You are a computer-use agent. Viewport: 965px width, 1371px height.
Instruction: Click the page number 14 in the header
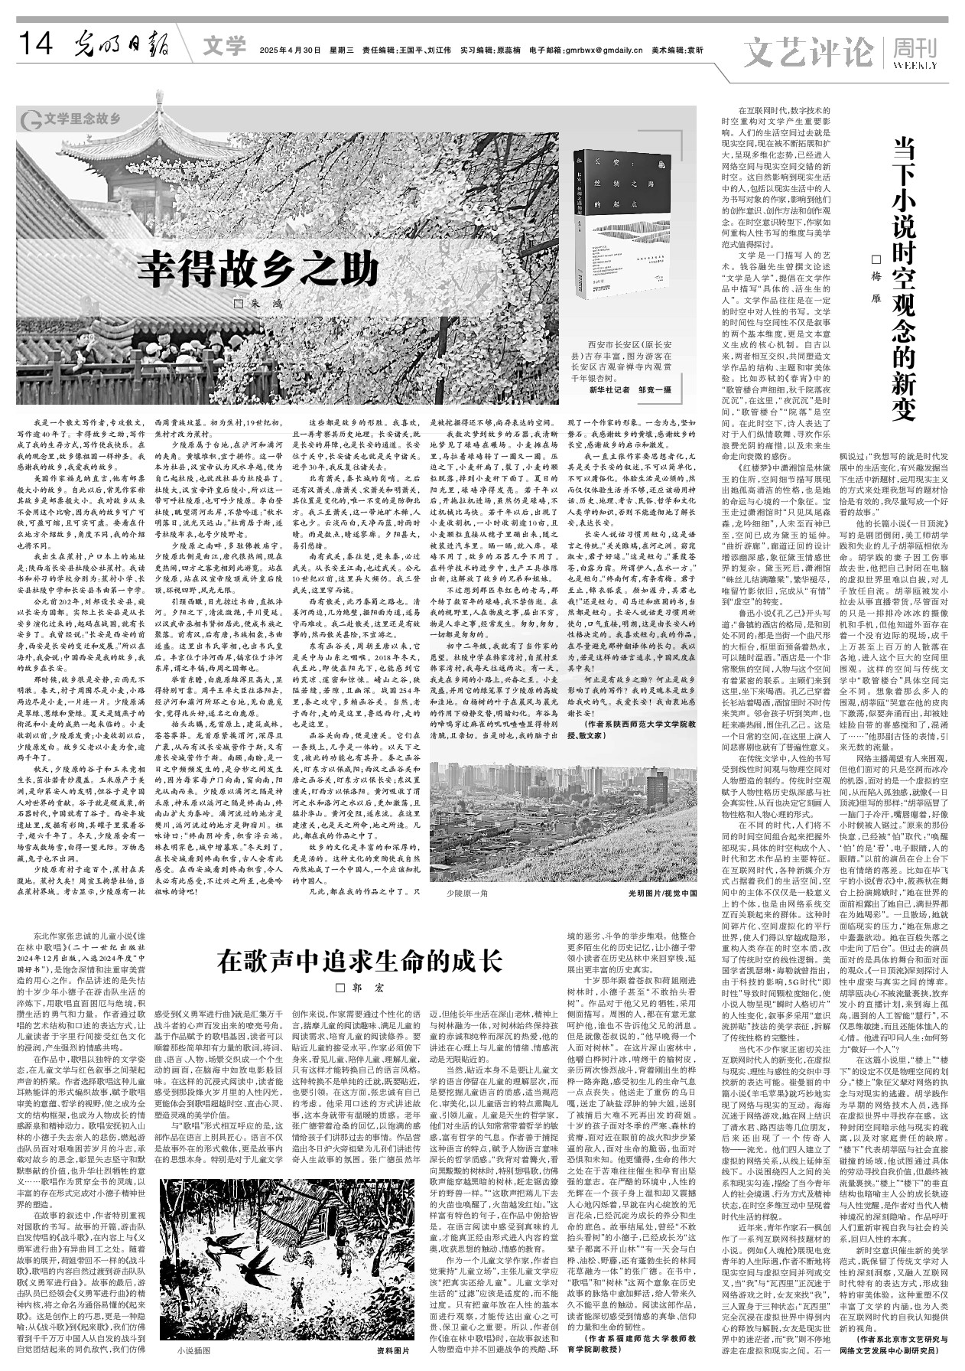tap(37, 47)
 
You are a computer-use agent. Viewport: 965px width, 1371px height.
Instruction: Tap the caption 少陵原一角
tap(467, 893)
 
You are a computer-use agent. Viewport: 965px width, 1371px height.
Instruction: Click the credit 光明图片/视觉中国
tap(662, 893)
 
